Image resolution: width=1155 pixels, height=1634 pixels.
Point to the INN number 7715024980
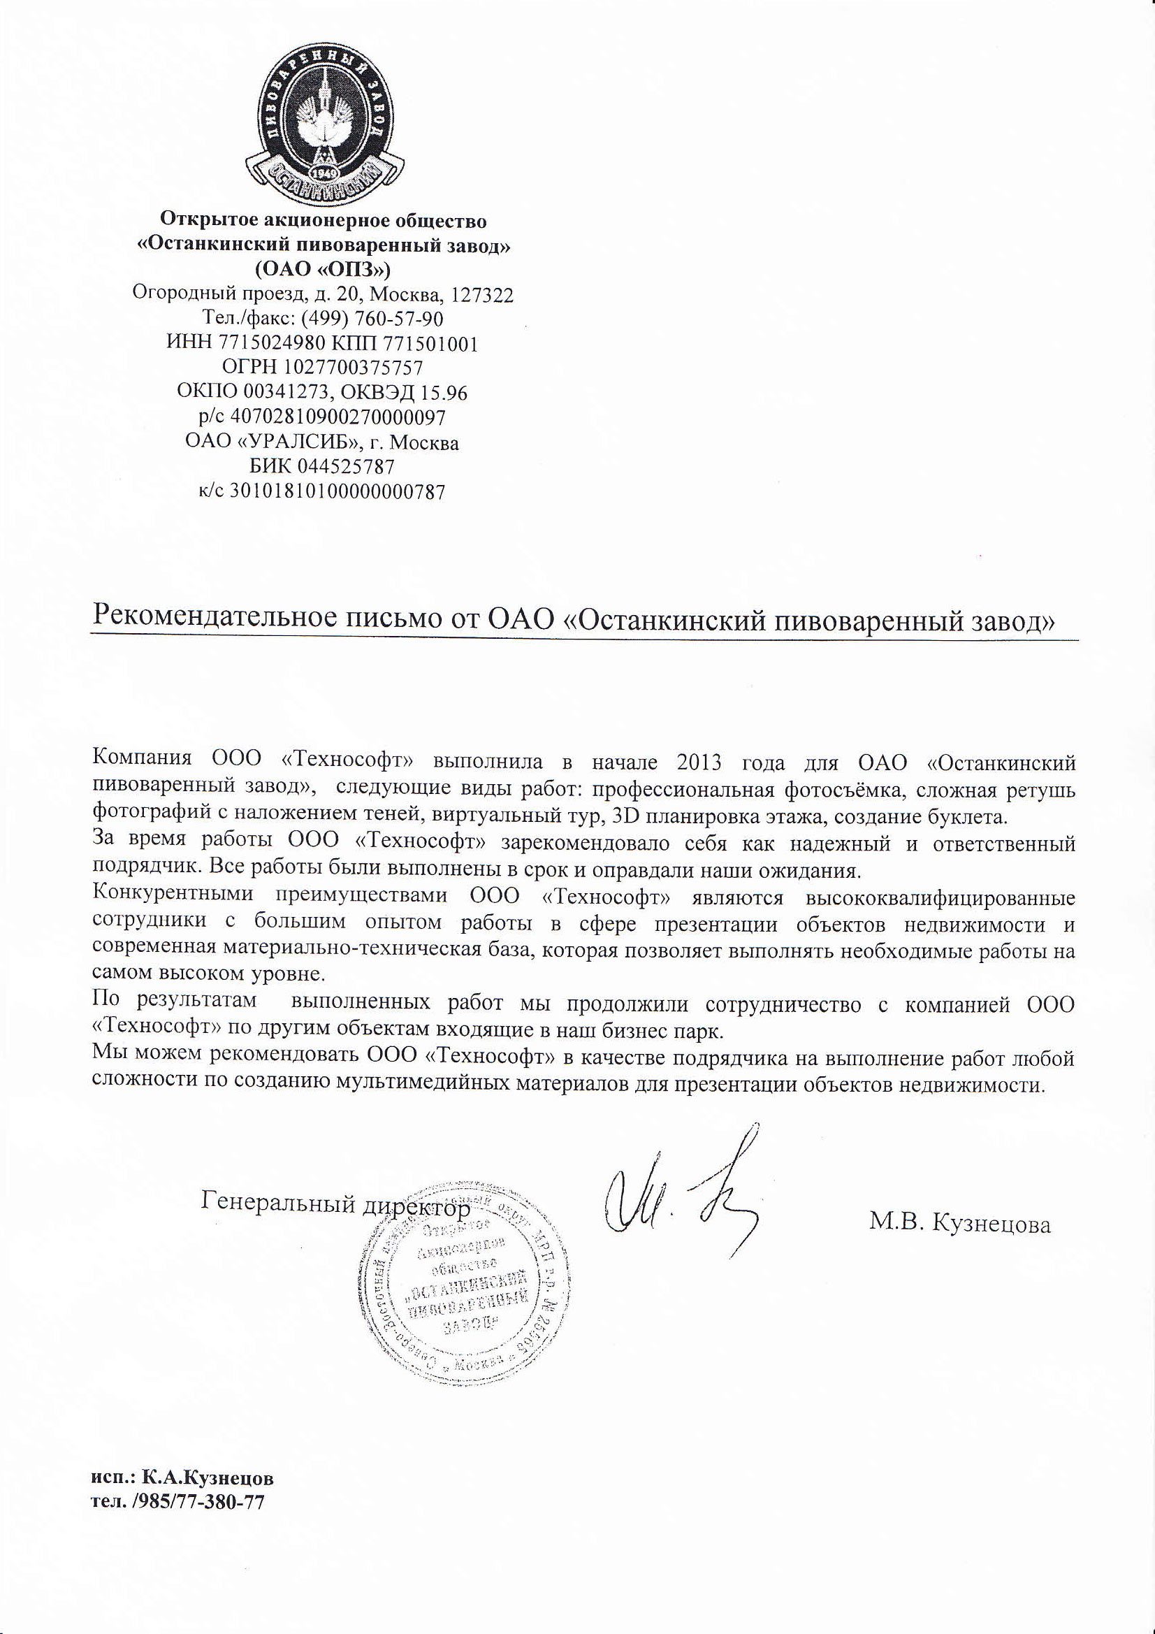click(x=267, y=344)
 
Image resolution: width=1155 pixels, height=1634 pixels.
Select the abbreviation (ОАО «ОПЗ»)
click(x=323, y=270)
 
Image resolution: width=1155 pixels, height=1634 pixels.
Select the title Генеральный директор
click(x=336, y=1202)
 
